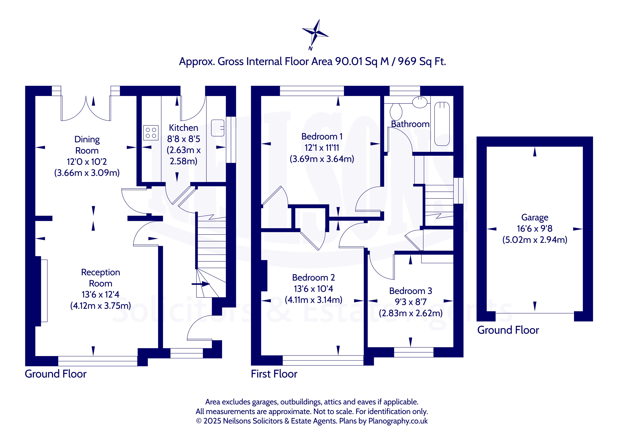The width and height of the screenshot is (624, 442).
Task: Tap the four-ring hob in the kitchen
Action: [151, 133]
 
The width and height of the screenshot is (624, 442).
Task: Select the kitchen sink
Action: [218, 128]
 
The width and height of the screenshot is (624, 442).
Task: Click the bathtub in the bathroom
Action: [442, 124]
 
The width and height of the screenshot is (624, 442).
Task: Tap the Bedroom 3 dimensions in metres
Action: [411, 313]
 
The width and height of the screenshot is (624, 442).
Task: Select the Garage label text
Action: [535, 218]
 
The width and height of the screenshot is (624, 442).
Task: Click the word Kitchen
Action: [183, 128]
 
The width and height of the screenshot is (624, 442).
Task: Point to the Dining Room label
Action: [87, 145]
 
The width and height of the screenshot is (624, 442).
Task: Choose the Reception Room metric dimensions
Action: [101, 306]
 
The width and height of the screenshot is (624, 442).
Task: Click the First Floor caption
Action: [274, 374]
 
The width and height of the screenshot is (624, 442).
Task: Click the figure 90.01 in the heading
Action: [349, 61]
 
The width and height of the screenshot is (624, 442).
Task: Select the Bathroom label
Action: [410, 124]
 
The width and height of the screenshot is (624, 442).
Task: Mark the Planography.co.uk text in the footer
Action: [398, 421]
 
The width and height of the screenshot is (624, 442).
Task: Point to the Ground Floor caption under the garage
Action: [508, 330]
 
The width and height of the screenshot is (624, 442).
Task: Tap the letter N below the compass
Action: [310, 48]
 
